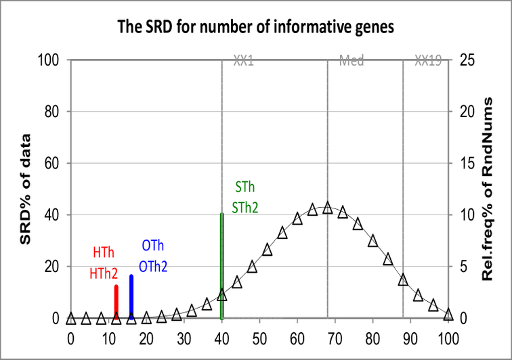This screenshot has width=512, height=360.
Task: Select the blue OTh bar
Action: (x=131, y=296)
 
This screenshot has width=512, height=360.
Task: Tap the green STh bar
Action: (x=222, y=264)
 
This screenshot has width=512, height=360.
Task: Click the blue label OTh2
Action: (x=152, y=267)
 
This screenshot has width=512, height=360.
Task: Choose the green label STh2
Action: (x=244, y=208)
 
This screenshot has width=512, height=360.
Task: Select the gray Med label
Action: (x=351, y=61)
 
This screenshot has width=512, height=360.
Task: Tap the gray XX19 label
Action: (x=428, y=61)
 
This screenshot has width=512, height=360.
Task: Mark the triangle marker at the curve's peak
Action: (x=328, y=208)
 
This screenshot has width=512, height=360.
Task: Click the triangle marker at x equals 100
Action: (x=448, y=314)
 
